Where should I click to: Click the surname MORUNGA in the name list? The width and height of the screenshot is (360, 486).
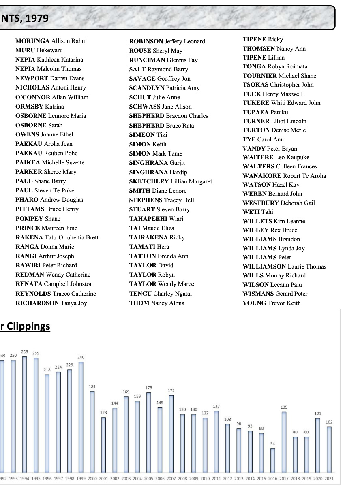pos(33,41)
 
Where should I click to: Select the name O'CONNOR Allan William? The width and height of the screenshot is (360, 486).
pos(51,97)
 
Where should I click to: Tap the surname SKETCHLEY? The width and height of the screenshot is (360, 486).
pos(149,181)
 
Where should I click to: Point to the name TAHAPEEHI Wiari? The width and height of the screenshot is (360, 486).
pos(156,219)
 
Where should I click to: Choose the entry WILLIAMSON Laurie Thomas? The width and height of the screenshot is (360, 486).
pos(284,266)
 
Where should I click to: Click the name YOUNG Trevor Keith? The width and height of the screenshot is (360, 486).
pos(272,303)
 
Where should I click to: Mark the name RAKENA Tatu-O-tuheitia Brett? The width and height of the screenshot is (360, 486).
pos(57,237)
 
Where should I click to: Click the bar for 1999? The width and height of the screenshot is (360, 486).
pos(81,417)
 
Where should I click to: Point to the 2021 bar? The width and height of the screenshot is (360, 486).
pos(329,449)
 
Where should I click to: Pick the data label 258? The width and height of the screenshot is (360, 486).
pos(24,352)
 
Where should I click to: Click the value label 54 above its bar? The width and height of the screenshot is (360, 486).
pos(272,444)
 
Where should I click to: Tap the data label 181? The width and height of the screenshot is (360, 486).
pos(92,387)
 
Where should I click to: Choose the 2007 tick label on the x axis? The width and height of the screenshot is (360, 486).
pos(171,479)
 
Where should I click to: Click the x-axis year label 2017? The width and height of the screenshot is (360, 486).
pos(284,479)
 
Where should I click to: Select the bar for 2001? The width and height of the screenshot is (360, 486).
pos(103,444)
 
